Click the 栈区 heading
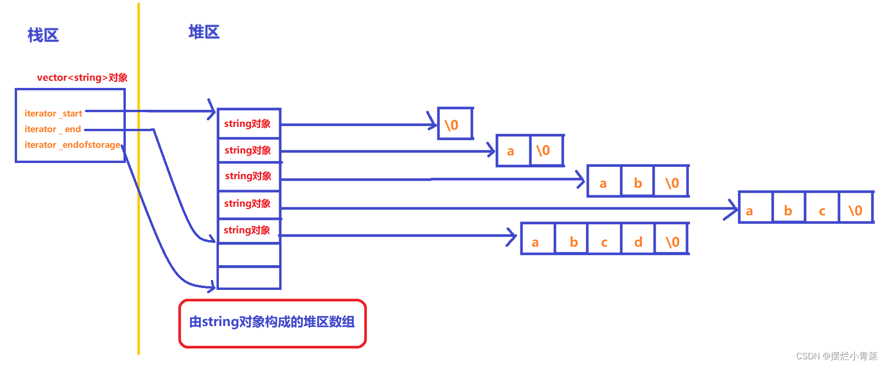43,35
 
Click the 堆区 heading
204,32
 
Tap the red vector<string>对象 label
82,77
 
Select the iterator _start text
53,114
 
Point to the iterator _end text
53,129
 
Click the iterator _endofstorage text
72,145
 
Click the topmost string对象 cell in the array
248,124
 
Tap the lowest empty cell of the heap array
249,278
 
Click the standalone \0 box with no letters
455,125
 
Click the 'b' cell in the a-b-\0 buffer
637,182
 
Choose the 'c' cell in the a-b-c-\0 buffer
822,211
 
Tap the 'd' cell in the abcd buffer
638,242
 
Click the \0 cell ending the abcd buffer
672,242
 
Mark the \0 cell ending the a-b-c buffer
856,211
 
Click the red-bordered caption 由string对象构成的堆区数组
272,323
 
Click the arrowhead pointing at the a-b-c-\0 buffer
734,209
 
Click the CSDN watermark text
837,356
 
